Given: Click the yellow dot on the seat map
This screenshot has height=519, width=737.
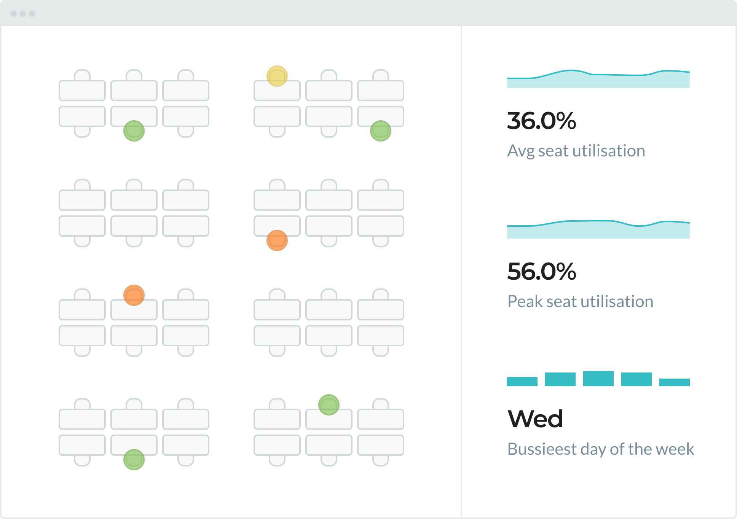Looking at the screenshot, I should coord(277,76).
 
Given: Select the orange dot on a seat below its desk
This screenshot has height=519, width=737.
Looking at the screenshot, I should coord(277,240).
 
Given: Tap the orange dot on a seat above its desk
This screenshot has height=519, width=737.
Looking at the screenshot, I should coord(134,295).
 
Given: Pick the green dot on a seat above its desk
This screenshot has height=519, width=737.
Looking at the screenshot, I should coord(329,404).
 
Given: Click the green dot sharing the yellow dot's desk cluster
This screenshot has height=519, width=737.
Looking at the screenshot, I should coord(380,131).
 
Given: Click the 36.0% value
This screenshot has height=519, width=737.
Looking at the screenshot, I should coord(541,121).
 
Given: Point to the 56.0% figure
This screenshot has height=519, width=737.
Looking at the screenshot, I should coord(541,271).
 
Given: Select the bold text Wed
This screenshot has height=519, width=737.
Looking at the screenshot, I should coord(535,419).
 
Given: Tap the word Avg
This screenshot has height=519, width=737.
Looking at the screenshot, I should coord(520,151).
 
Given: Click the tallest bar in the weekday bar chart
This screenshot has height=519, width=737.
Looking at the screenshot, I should coord(598,379).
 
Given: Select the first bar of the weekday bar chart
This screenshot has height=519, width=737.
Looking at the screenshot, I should coord(522,382).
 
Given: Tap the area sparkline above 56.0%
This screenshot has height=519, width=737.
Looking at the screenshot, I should coord(598,230).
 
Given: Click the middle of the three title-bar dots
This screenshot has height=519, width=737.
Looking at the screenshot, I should coord(23,14).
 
